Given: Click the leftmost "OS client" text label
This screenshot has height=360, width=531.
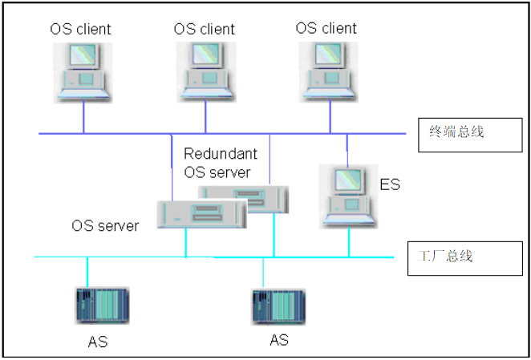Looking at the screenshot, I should click(x=80, y=30).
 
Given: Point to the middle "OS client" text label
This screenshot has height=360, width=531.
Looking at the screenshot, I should click(x=205, y=30).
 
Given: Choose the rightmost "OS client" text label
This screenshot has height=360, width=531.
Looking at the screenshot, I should click(x=326, y=28).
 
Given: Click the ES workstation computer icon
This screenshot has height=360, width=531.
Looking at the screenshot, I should click(x=347, y=196).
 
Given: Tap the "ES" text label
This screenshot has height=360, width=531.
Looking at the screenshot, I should click(x=389, y=186).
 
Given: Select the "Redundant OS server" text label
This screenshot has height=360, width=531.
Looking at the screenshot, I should click(x=217, y=163).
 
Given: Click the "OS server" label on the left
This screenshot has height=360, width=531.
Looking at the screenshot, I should click(x=105, y=226).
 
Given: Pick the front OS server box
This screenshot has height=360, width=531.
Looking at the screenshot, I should click(x=201, y=214).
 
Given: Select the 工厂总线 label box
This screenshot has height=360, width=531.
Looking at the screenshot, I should click(x=454, y=257).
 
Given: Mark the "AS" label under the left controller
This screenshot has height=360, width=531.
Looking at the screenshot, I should click(x=97, y=342).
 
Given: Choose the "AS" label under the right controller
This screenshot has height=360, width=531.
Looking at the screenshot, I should click(x=278, y=340).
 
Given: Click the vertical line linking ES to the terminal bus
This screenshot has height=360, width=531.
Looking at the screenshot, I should click(x=347, y=148).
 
